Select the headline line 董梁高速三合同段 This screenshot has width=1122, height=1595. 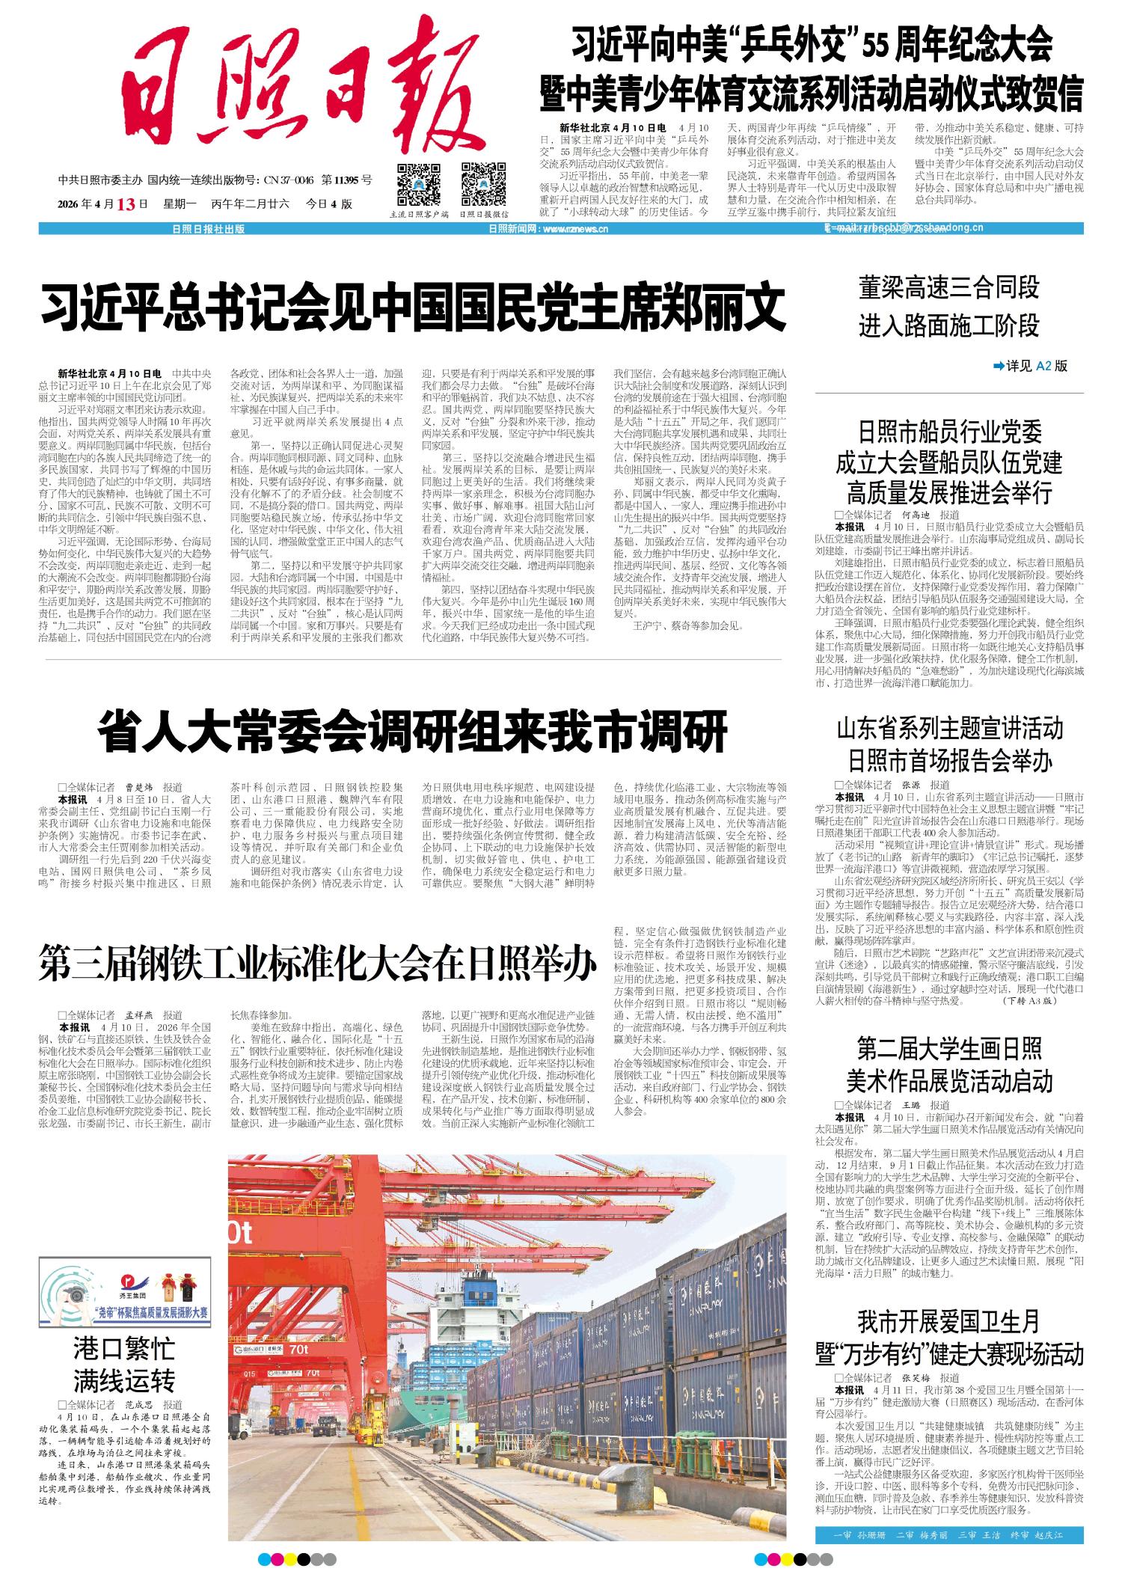948,288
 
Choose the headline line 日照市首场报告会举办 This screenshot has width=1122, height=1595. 948,762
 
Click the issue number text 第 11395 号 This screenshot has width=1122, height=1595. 346,180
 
